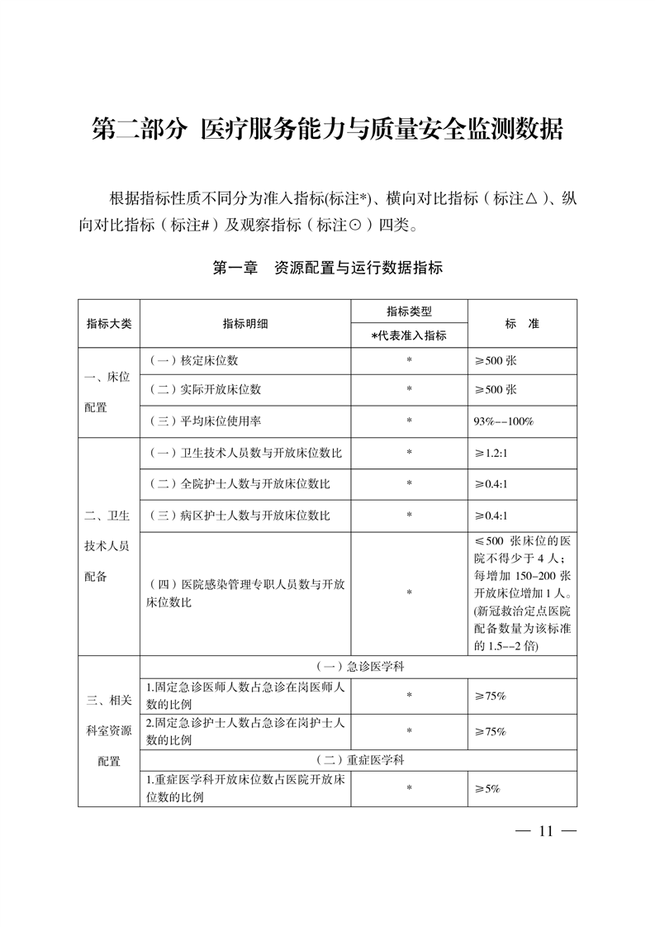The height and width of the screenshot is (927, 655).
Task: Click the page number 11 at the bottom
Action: coord(543,831)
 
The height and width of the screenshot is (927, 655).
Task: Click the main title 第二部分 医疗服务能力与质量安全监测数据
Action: coord(327,130)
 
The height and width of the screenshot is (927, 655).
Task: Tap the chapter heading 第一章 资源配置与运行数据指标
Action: coord(328,268)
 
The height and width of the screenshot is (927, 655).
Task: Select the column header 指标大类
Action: coord(109,323)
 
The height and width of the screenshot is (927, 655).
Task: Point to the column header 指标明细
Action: coord(245,323)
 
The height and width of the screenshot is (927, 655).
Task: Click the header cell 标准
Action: coord(522,323)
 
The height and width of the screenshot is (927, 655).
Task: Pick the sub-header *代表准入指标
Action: coord(409,335)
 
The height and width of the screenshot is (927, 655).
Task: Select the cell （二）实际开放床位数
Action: coord(205,390)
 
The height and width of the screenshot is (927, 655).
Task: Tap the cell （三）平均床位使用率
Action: coord(205,421)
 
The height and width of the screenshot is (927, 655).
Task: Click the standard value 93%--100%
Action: coord(504,421)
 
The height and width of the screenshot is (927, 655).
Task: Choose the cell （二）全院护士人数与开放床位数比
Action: coord(239,483)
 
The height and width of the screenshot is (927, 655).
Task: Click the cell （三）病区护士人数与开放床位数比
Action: coord(239,515)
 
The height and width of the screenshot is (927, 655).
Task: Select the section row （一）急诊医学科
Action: coord(358,666)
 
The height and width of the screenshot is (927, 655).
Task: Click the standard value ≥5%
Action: coord(487,789)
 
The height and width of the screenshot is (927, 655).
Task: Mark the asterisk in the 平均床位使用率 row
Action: coord(409,421)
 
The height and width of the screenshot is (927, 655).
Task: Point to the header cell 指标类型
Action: coord(409,311)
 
